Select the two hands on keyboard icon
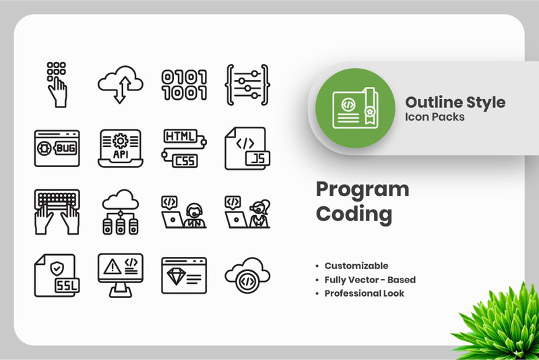tap(57, 211)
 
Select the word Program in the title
tap(362, 189)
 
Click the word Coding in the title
tap(354, 214)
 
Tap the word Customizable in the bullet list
tap(356, 266)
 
